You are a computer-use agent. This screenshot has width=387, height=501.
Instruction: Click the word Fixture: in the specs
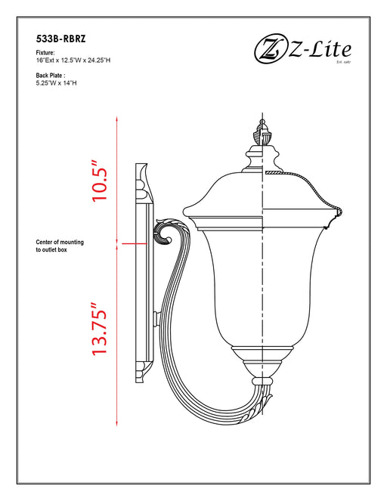(x=45, y=53)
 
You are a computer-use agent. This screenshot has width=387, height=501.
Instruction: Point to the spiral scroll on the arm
(x=164, y=232)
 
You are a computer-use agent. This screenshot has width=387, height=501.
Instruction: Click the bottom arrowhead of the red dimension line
(x=117, y=425)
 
